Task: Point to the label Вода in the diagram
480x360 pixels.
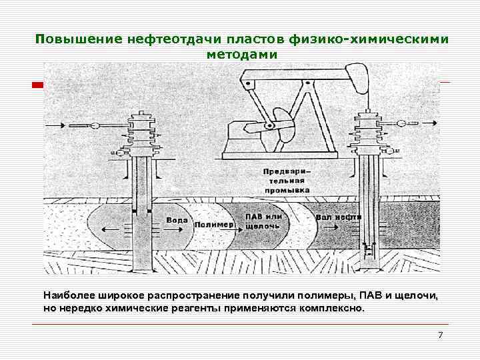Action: coord(177,220)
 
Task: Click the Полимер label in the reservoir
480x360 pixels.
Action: coord(214,225)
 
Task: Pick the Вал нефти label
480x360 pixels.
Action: coord(339,217)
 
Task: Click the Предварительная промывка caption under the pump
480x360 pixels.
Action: coord(289,180)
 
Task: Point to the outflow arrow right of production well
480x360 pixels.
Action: coord(427,123)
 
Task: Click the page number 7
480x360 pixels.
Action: coord(440,335)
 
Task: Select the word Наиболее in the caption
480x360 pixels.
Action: coord(65,295)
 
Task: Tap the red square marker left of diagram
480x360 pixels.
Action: coord(38,85)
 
